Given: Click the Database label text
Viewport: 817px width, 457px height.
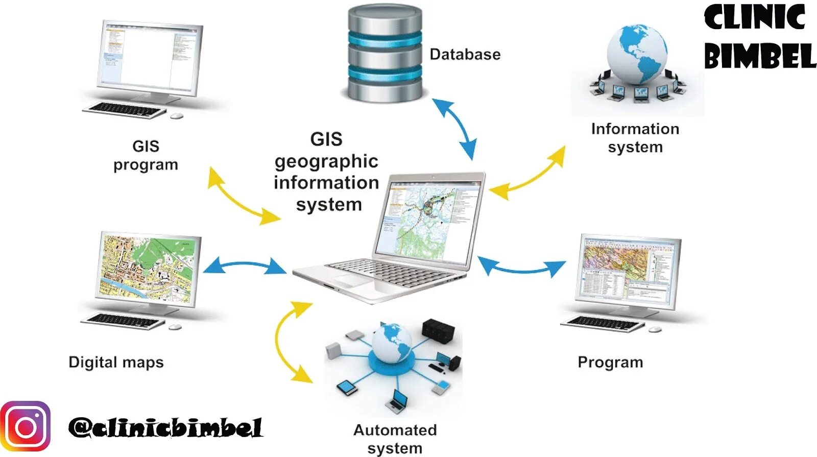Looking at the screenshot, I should (465, 54).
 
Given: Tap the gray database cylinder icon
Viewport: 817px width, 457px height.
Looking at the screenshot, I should (385, 53).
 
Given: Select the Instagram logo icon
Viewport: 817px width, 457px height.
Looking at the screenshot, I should (26, 426).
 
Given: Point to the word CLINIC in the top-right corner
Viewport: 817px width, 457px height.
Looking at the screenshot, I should (754, 17).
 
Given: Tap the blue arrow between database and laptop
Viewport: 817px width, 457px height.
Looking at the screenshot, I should (454, 129).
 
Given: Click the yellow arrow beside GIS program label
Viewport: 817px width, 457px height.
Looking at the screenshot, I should (244, 197).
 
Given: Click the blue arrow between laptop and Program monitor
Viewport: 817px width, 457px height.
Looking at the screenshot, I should (521, 267).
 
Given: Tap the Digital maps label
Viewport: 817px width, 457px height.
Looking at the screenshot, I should (116, 362).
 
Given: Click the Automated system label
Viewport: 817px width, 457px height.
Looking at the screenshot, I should (395, 438).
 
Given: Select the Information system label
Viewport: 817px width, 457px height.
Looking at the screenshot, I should (635, 137).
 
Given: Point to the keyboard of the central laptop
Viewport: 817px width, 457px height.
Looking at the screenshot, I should (388, 273).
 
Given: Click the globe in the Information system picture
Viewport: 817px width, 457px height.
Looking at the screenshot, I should (637, 54).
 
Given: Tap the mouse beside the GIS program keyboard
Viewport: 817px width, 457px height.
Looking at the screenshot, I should (177, 116).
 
